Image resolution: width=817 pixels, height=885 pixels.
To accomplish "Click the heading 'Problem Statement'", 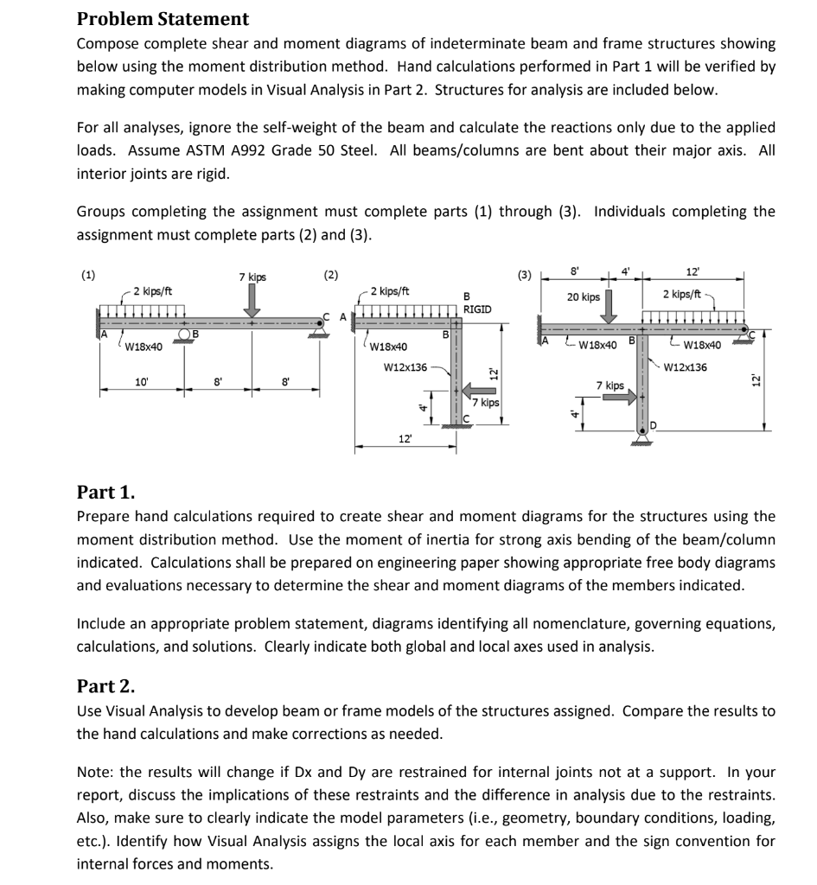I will click(x=163, y=19).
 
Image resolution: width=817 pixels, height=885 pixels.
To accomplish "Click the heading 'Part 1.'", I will click(x=105, y=493).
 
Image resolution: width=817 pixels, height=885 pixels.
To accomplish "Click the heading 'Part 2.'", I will click(x=105, y=686).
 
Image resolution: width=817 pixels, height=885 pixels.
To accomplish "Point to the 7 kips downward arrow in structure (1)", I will click(x=252, y=300).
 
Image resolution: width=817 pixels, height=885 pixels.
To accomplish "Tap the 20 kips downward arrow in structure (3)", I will click(x=610, y=304).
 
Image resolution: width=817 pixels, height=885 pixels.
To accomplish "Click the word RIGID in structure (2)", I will click(x=477, y=309).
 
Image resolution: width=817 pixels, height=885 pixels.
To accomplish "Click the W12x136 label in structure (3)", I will click(x=686, y=366).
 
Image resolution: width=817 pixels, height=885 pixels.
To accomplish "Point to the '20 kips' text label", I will click(x=584, y=296).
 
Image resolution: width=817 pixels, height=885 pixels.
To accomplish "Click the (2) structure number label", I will click(x=330, y=276).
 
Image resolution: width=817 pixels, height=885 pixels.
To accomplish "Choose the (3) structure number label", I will click(x=526, y=276).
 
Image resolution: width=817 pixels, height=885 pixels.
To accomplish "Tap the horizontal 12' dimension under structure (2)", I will click(x=405, y=440).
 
